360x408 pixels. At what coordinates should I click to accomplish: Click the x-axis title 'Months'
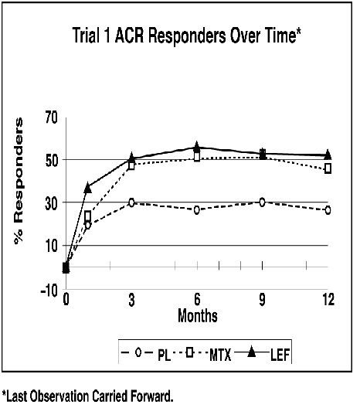pyautogui.click(x=197, y=315)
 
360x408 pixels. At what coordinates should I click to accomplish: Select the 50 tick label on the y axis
pyautogui.click(x=51, y=160)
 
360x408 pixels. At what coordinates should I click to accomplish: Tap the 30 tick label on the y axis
pyautogui.click(x=51, y=202)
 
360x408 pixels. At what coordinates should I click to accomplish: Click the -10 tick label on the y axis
pyautogui.click(x=48, y=288)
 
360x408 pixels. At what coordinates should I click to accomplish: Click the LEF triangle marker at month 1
pyautogui.click(x=88, y=187)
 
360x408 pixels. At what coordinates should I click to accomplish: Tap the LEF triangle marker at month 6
pyautogui.click(x=197, y=147)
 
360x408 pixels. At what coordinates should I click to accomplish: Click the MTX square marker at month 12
pyautogui.click(x=328, y=168)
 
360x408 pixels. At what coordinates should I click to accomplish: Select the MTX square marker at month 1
pyautogui.click(x=88, y=216)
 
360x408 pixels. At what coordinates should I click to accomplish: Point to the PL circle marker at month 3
pyautogui.click(x=131, y=202)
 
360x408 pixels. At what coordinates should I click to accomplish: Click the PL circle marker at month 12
pyautogui.click(x=328, y=210)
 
